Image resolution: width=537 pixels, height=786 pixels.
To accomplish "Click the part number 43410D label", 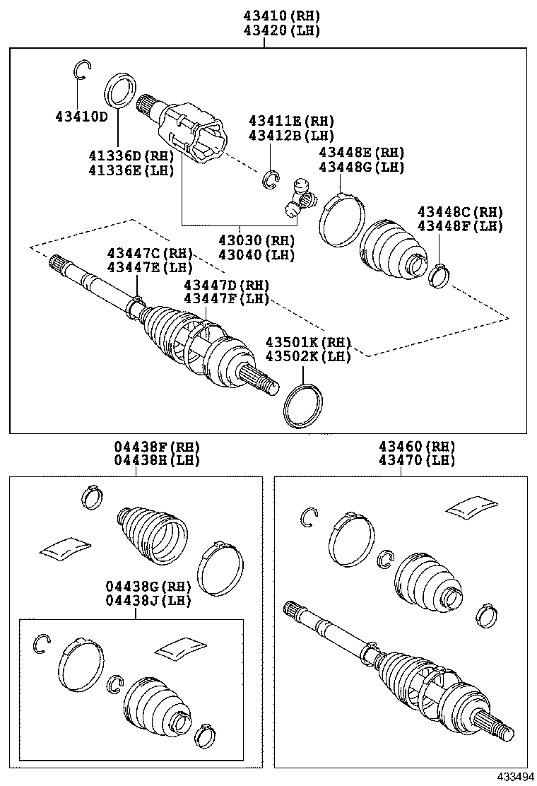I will pyautogui.click(x=81, y=116).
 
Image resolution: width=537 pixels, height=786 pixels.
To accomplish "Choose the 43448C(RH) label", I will pyautogui.click(x=459, y=211).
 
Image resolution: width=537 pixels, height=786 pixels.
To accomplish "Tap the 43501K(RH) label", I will pyautogui.click(x=307, y=342).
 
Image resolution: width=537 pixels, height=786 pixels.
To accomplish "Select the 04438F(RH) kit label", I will pyautogui.click(x=157, y=447).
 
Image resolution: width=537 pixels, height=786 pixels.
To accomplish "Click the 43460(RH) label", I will pyautogui.click(x=416, y=447).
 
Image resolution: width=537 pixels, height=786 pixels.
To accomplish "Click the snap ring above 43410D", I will pyautogui.click(x=83, y=70).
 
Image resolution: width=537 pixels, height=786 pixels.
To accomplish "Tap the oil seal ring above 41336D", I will pyautogui.click(x=120, y=91).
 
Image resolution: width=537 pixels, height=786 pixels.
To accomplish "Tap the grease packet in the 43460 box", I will pyautogui.click(x=473, y=505).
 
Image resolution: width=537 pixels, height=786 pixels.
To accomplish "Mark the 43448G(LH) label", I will pyautogui.click(x=360, y=167).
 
